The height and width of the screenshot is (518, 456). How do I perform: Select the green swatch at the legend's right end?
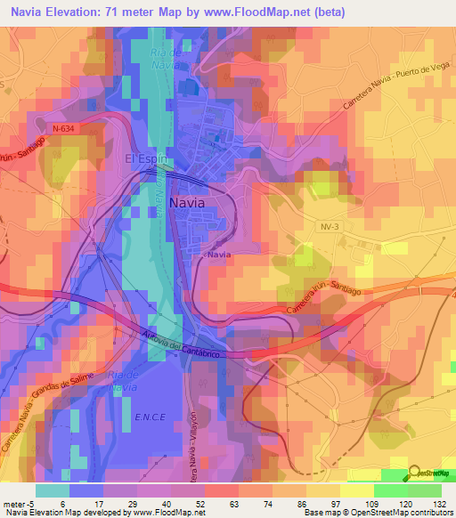pyautogui.click(x=424, y=490)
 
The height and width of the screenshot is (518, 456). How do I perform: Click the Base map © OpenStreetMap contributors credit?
pyautogui.click(x=378, y=513)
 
